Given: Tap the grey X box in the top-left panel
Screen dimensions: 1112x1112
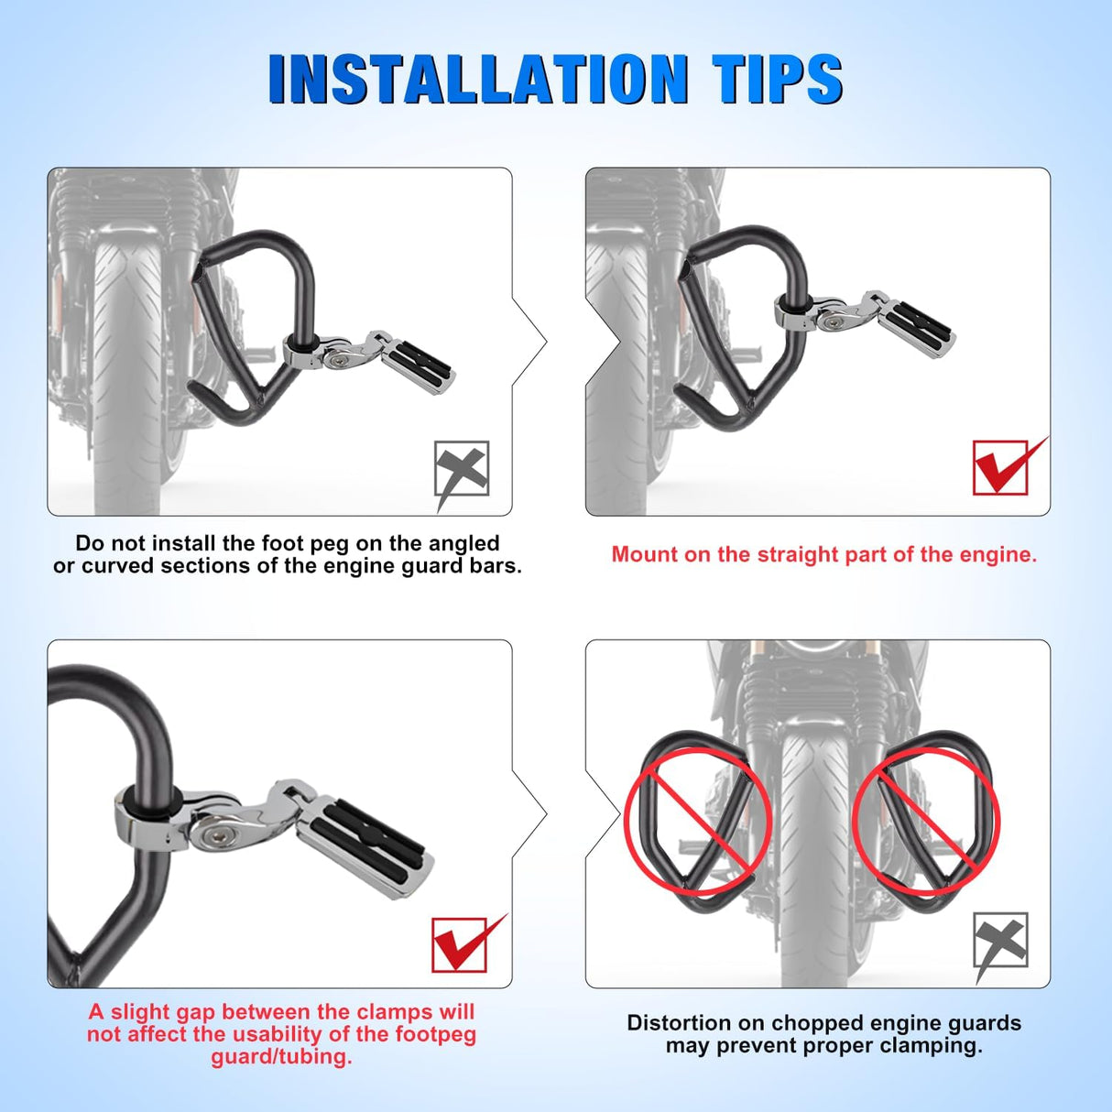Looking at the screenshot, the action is point(462,469).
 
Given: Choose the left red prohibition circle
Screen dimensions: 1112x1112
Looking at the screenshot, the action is point(698,821).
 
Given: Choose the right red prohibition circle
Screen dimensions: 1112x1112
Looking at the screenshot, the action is point(926,821).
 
